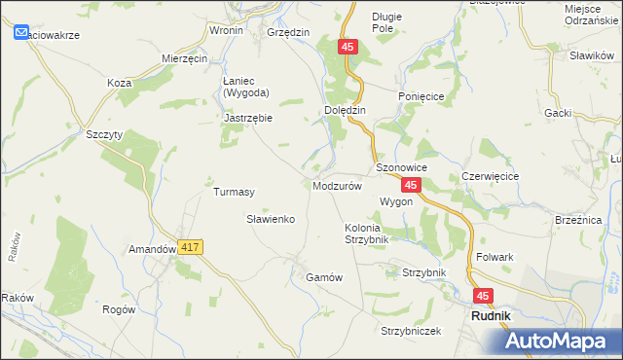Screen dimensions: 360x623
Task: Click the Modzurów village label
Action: click(338, 185)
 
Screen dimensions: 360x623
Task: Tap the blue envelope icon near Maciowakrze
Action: click(22, 33)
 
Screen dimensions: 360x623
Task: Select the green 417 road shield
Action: click(190, 249)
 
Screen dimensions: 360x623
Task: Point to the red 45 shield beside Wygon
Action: click(412, 185)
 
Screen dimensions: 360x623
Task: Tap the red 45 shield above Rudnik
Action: click(484, 295)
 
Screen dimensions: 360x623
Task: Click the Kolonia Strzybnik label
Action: click(367, 234)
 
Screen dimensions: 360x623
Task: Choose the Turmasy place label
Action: click(234, 192)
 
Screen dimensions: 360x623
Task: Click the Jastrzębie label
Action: click(248, 118)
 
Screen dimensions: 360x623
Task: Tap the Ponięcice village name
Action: click(421, 97)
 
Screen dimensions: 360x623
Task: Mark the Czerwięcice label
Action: click(490, 176)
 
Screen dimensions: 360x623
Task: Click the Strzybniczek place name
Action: click(411, 331)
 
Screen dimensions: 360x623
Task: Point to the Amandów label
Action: click(151, 249)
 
